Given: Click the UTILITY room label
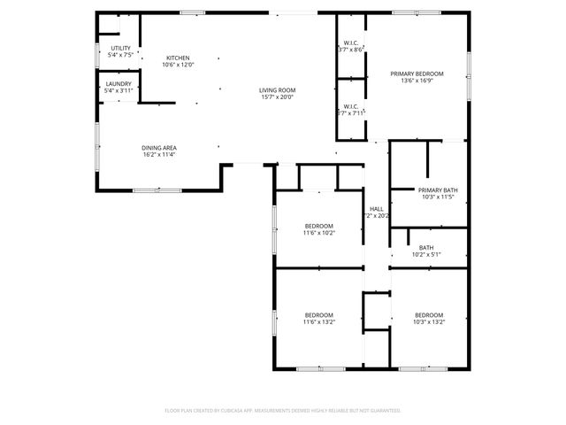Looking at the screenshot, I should pos(120,48).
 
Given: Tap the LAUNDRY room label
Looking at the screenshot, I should pos(118,83).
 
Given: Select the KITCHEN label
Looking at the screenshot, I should pos(178,58).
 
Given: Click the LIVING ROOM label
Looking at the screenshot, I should pos(277,90).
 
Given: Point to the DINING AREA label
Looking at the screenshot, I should pos(159,148).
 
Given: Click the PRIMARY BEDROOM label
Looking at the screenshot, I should pos(417,73).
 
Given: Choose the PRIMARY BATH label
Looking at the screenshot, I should pos(438,189).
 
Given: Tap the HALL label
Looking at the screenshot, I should pos(376,208).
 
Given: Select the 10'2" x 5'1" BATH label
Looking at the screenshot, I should pos(426,247).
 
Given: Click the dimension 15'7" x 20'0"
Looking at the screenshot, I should pos(277,97).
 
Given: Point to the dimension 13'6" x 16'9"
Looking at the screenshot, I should pos(417,81).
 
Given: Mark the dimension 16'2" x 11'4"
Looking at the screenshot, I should pos(159,155).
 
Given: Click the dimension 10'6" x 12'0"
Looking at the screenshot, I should pos(178,65).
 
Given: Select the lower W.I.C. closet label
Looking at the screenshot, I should pos(351,106).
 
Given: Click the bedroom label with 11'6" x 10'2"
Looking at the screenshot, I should pos(318,225).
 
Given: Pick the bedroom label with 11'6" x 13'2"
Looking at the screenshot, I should pos(318,315).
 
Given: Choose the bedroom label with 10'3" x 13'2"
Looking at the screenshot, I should pos(429,315).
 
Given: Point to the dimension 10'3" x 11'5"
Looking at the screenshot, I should pos(438,197).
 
